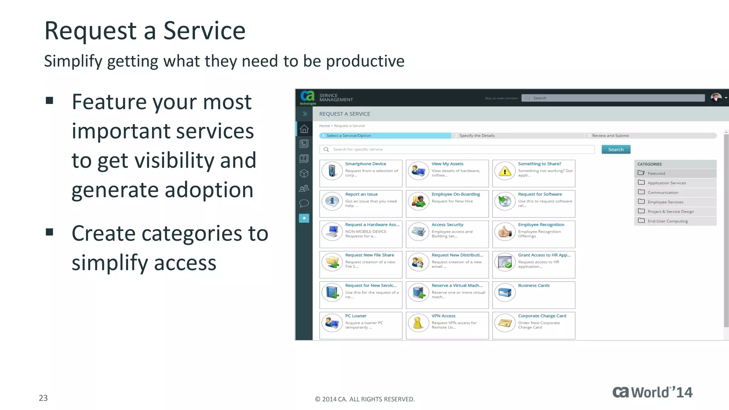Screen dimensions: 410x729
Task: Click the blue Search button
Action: [616, 149]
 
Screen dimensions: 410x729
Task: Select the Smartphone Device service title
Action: [365, 164]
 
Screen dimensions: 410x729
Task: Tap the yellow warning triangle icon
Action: [505, 172]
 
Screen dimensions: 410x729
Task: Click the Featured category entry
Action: [656, 173]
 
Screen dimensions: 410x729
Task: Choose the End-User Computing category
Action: [667, 221]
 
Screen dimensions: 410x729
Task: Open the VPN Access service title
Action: [443, 316]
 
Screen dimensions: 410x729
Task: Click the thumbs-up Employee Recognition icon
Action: [505, 232]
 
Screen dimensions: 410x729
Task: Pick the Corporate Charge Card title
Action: [542, 316]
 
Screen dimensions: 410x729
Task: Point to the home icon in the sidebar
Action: [304, 129]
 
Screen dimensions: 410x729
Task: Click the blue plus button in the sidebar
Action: [304, 218]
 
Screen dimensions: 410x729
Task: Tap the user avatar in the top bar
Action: [716, 98]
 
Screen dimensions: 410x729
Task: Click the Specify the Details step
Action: [477, 136]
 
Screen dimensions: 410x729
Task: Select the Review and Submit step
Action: [610, 136]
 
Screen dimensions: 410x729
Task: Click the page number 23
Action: [43, 398]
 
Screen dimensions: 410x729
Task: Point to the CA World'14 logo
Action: [652, 392]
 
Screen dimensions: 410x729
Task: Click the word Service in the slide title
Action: [204, 31]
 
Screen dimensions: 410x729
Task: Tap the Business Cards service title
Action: [534, 285]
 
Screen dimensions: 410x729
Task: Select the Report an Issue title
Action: [361, 194]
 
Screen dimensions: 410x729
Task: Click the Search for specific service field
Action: [459, 149]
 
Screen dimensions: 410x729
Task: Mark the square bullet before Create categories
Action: [49, 232]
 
